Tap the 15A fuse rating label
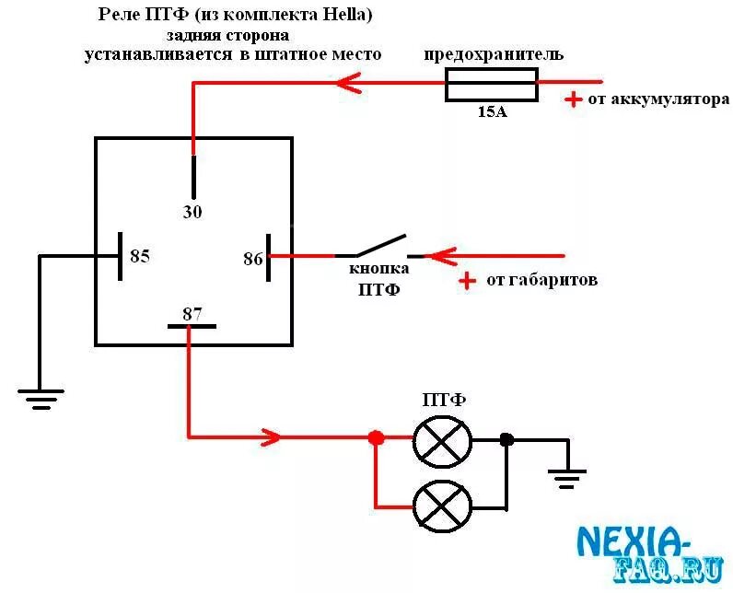(x=492, y=113)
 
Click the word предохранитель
(x=494, y=55)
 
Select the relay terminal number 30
(x=192, y=211)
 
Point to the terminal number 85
(x=139, y=256)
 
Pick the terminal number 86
(x=253, y=259)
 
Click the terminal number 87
(x=192, y=313)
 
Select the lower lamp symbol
(x=443, y=506)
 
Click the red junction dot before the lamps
(x=376, y=438)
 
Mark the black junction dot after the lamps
(x=506, y=439)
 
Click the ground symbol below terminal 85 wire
(x=41, y=398)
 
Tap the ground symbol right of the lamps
(x=567, y=478)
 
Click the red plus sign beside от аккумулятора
(x=573, y=99)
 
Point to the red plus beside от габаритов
(x=469, y=280)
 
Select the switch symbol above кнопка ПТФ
(x=373, y=247)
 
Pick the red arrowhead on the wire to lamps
(x=273, y=436)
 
